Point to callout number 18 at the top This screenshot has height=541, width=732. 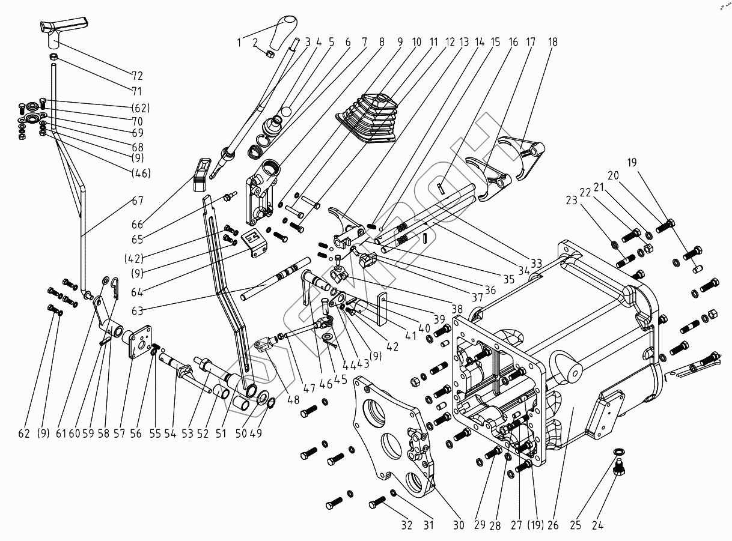point(552,42)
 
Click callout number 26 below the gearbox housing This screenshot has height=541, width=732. point(552,525)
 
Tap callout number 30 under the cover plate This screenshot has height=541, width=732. point(459,525)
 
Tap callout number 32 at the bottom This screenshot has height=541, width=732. point(407,525)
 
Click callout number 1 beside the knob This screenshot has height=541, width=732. point(239,42)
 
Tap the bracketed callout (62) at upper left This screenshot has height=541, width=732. point(139,109)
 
